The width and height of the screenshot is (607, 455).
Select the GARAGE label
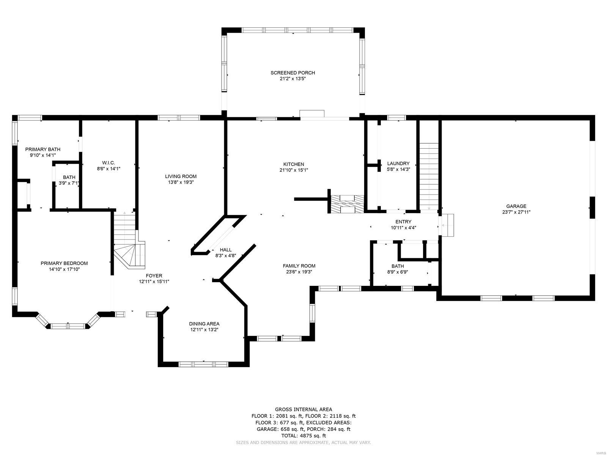click(x=516, y=206)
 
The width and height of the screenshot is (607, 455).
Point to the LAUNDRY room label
click(x=398, y=163)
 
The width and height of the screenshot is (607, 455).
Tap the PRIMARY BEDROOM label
click(x=64, y=263)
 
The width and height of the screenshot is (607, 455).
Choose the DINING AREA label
click(x=204, y=324)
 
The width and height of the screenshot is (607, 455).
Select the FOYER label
click(x=154, y=276)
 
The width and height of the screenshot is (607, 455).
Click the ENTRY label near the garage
click(x=403, y=222)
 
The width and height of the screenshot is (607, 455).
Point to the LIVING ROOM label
click(x=181, y=176)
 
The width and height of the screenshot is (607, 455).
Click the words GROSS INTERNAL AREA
click(x=303, y=409)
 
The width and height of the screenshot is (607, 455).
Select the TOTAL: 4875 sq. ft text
click(x=303, y=436)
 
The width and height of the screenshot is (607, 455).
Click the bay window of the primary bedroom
click(x=69, y=325)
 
